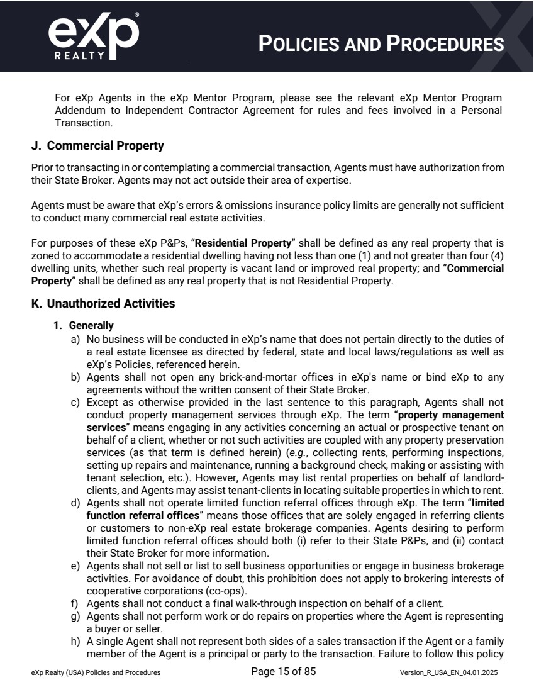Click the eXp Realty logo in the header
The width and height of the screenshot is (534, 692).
[x=93, y=35]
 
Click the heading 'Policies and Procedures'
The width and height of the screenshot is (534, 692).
[x=381, y=43]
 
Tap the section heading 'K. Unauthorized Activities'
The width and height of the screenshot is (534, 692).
[x=103, y=303]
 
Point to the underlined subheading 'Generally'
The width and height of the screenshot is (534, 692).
[x=91, y=325]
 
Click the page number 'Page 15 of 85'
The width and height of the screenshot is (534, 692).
[x=283, y=671]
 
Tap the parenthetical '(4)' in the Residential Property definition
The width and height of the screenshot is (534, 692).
[x=496, y=258]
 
